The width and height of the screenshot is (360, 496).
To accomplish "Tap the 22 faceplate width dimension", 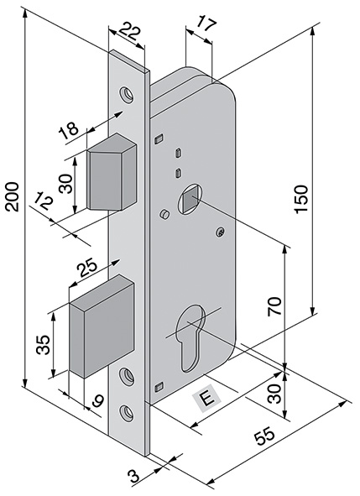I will [x=128, y=34].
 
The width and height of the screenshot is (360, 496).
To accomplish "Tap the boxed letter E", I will [x=206, y=398].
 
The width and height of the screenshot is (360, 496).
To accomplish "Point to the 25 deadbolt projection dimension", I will [x=86, y=269].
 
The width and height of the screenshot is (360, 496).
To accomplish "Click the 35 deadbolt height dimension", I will [x=44, y=345].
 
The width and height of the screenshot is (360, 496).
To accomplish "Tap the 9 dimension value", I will [x=97, y=404].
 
